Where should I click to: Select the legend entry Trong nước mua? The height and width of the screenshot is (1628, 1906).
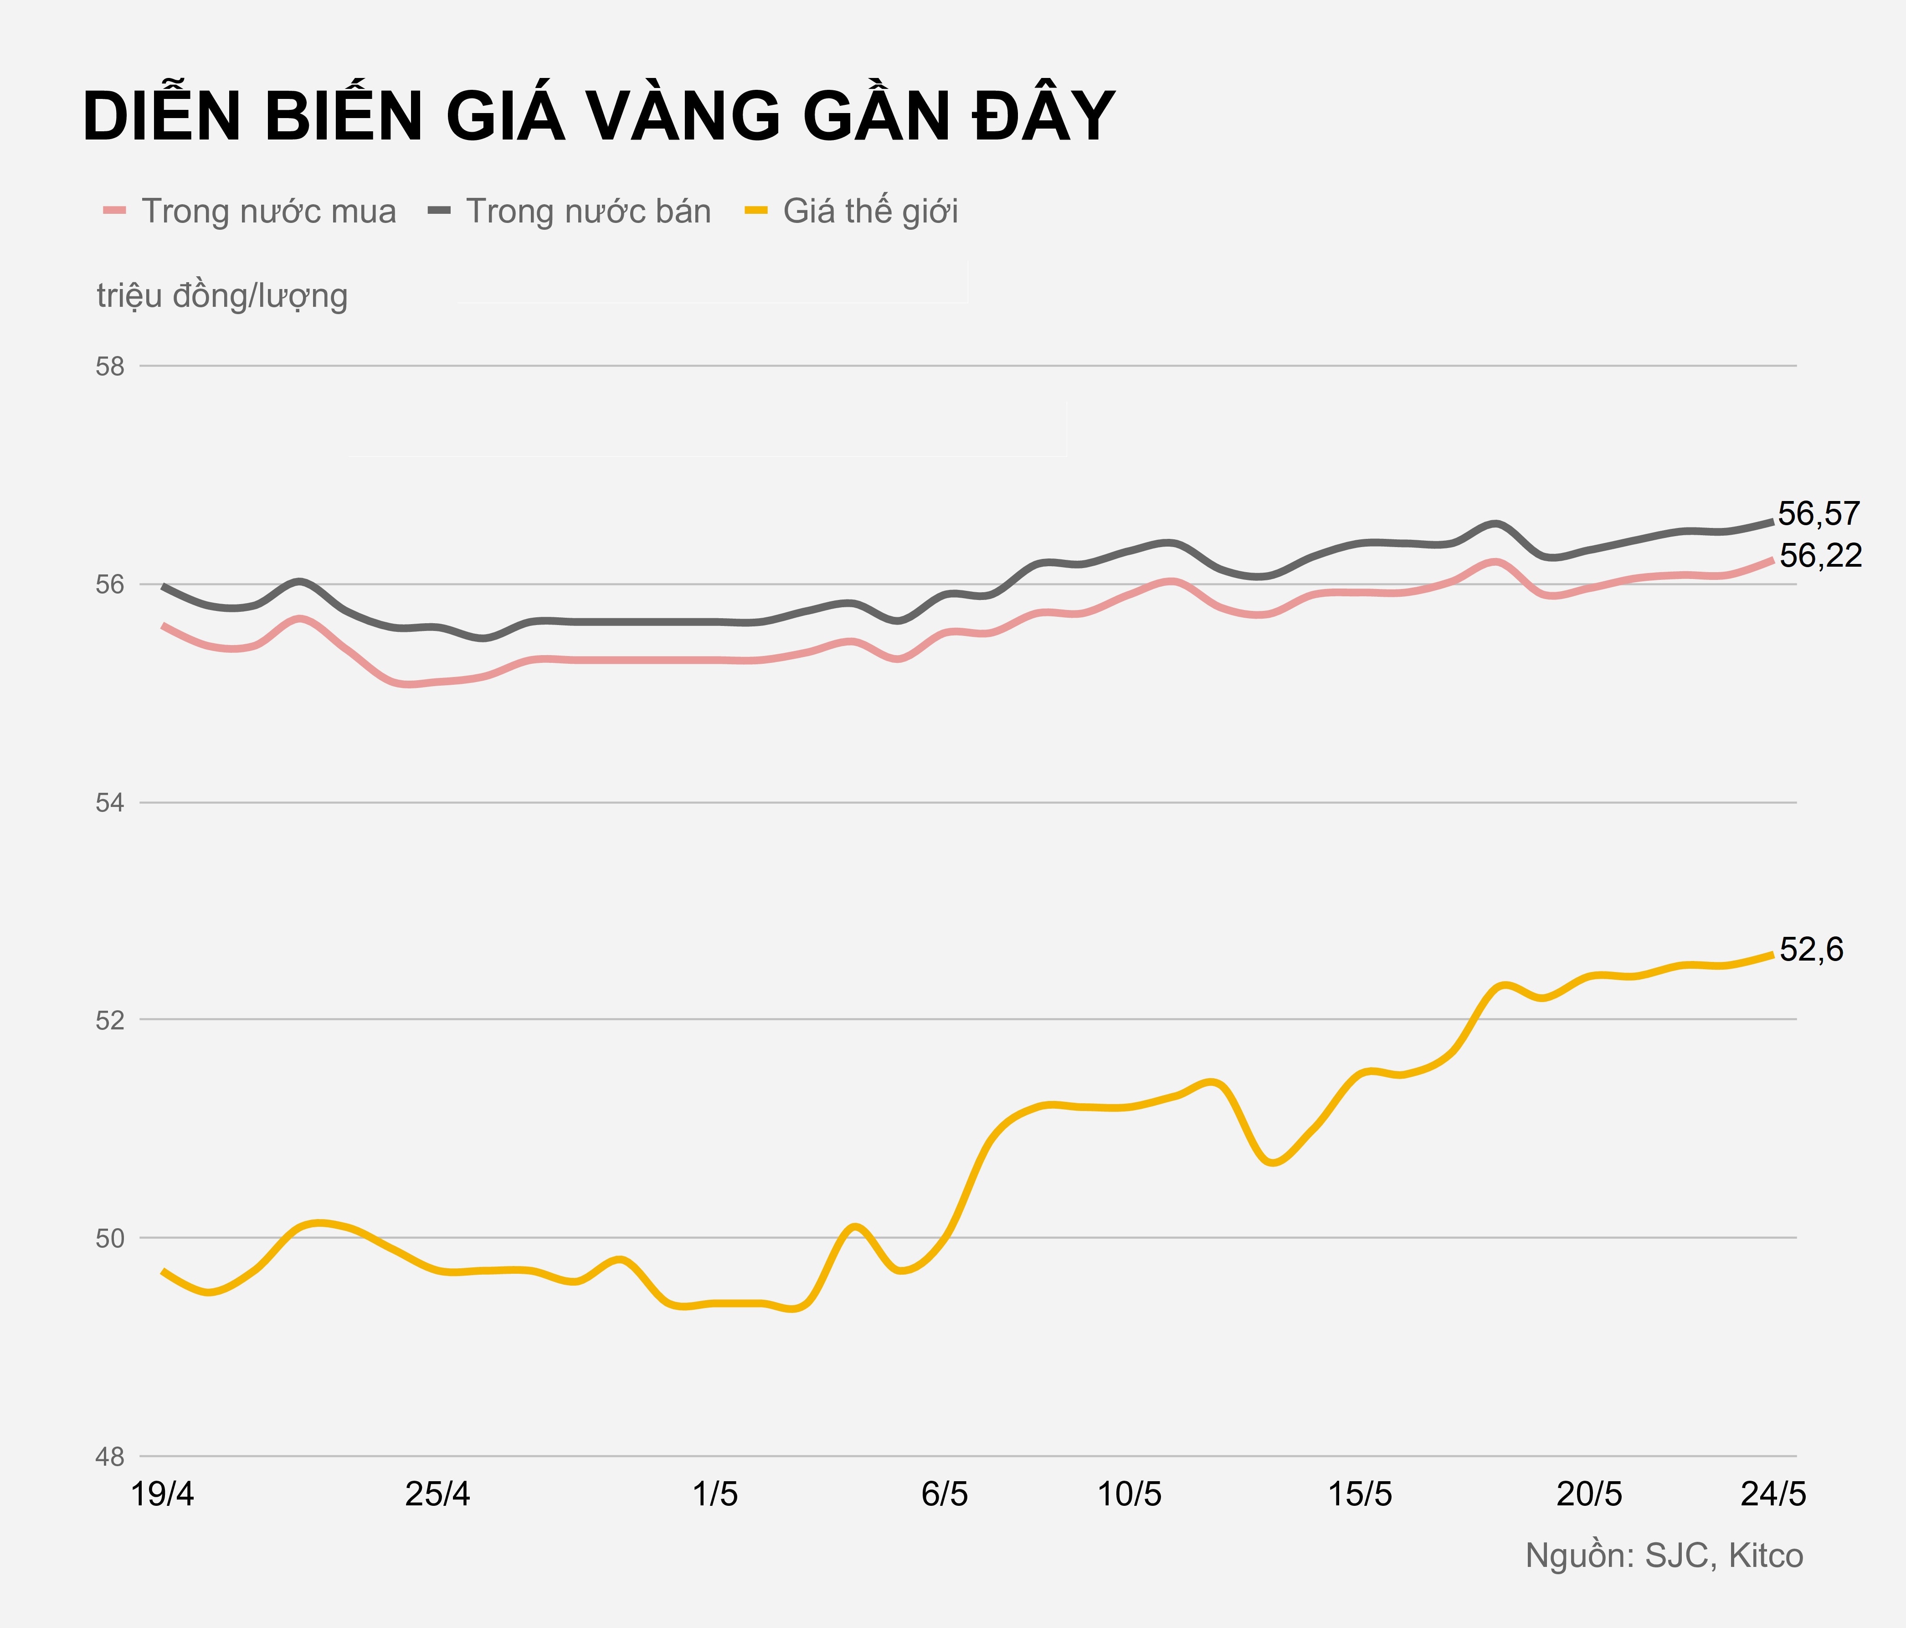(x=267, y=212)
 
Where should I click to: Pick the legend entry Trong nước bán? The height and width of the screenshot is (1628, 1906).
(x=588, y=212)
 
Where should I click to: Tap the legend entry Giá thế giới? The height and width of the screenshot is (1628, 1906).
(x=869, y=212)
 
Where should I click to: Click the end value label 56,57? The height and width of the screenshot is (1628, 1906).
(x=1819, y=513)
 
